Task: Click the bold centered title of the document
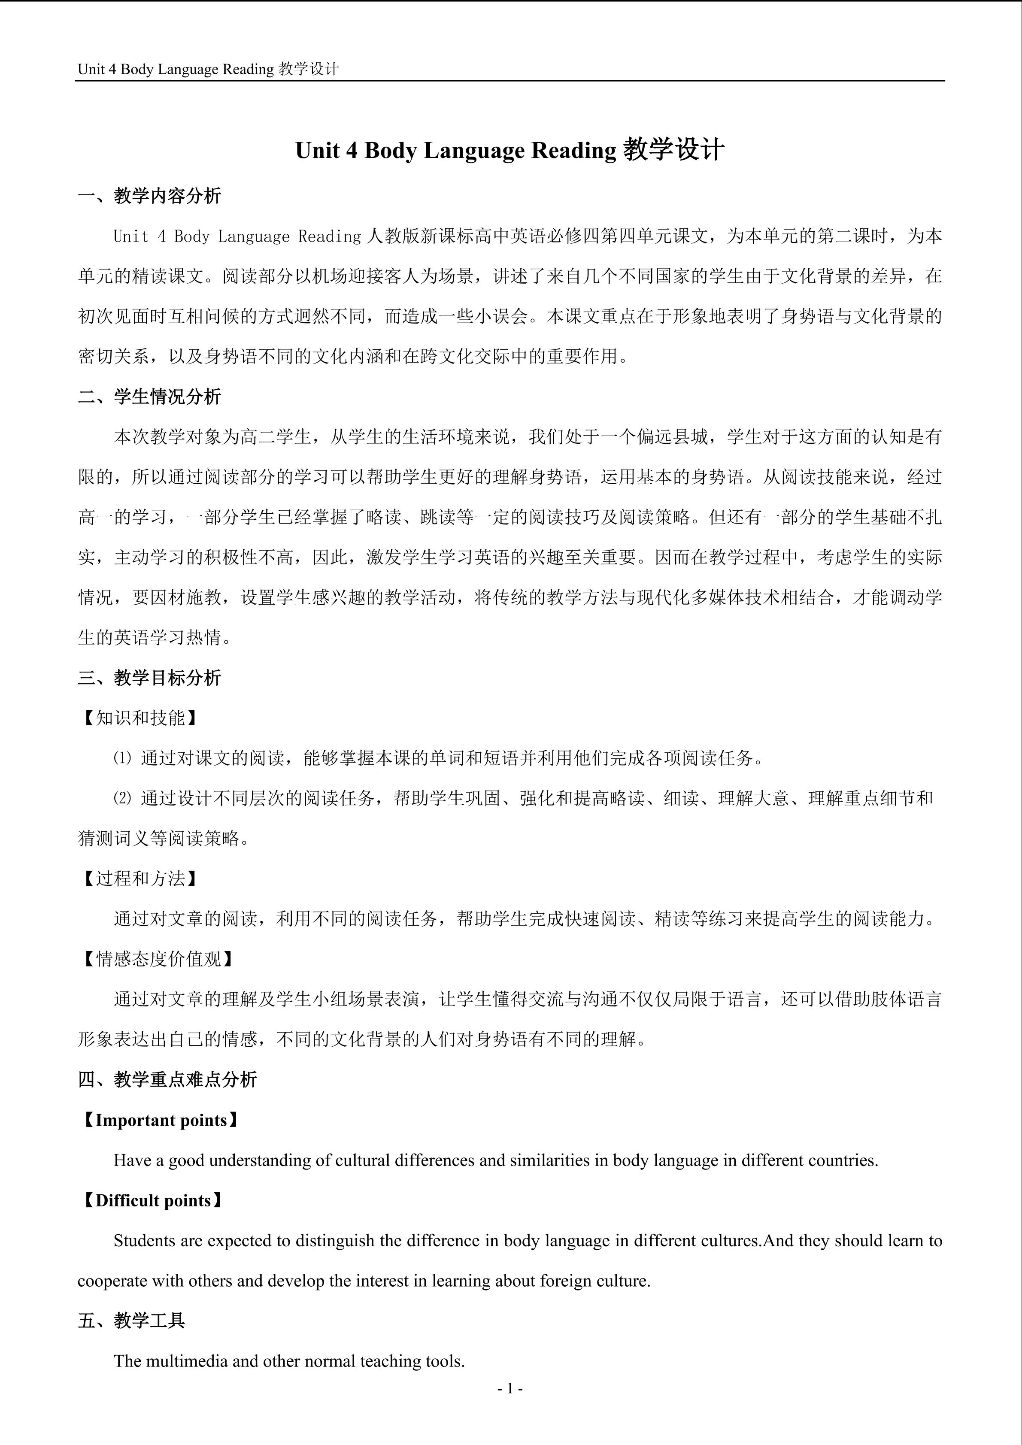click(x=510, y=150)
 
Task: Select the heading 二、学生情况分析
click(x=150, y=397)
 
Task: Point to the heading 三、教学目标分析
click(x=150, y=678)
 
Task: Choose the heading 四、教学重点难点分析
click(x=167, y=1080)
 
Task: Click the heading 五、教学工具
click(x=131, y=1321)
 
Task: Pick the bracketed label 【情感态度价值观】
click(x=158, y=959)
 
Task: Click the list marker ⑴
click(x=123, y=758)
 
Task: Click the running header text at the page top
click(x=208, y=69)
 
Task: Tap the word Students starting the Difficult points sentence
click(x=145, y=1240)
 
